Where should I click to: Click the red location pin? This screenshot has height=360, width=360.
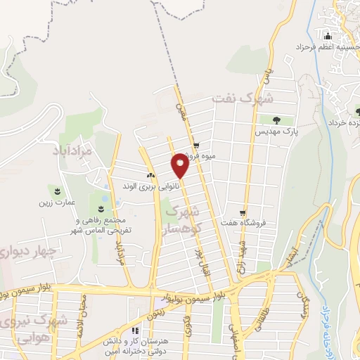tap(180, 165)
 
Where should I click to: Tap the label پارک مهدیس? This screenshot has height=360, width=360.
tap(276, 131)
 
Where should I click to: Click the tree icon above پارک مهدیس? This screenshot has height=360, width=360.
tap(276, 120)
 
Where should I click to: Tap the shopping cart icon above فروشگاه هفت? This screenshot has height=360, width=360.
tap(243, 212)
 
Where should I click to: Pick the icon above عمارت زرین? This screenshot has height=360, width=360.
tap(57, 191)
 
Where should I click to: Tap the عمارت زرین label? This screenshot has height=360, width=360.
tap(57, 202)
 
